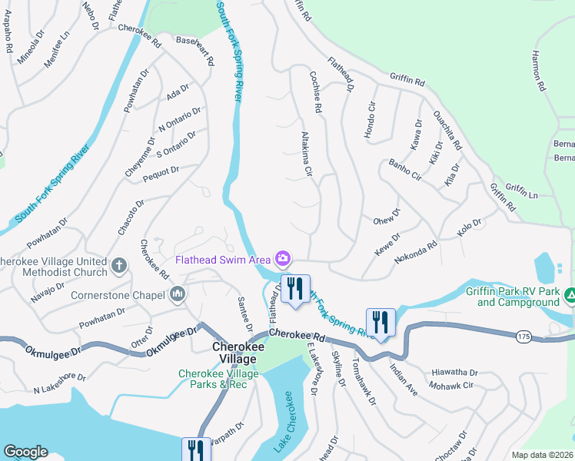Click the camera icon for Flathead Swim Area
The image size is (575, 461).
coord(284,257)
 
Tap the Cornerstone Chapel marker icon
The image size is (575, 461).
coord(178,294)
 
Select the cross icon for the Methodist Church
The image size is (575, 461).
coord(118,266)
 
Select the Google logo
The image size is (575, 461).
coord(25,452)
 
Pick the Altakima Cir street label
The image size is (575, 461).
coord(307,154)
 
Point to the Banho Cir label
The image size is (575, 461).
coord(405,171)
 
